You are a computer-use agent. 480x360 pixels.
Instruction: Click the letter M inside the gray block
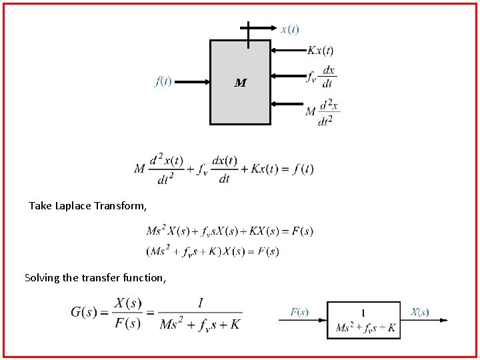click(x=241, y=83)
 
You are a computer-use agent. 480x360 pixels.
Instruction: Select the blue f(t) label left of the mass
click(x=163, y=81)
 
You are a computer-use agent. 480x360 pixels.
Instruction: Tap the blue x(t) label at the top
click(x=290, y=29)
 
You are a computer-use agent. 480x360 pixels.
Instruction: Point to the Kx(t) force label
click(x=320, y=51)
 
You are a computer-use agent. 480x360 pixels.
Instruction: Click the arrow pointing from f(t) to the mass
click(x=196, y=82)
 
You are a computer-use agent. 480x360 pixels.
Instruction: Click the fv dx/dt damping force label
click(x=321, y=77)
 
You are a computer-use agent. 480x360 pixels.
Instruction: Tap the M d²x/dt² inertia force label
click(x=323, y=111)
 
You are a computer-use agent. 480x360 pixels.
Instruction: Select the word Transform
click(x=121, y=206)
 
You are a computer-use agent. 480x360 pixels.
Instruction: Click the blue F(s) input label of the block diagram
click(x=299, y=312)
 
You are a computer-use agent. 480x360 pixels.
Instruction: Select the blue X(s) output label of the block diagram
click(x=419, y=312)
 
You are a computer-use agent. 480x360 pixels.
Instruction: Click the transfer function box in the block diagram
click(x=363, y=320)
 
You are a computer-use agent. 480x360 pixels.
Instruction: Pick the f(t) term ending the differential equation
click(x=300, y=169)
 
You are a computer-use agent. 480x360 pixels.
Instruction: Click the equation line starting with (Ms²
click(x=212, y=251)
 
